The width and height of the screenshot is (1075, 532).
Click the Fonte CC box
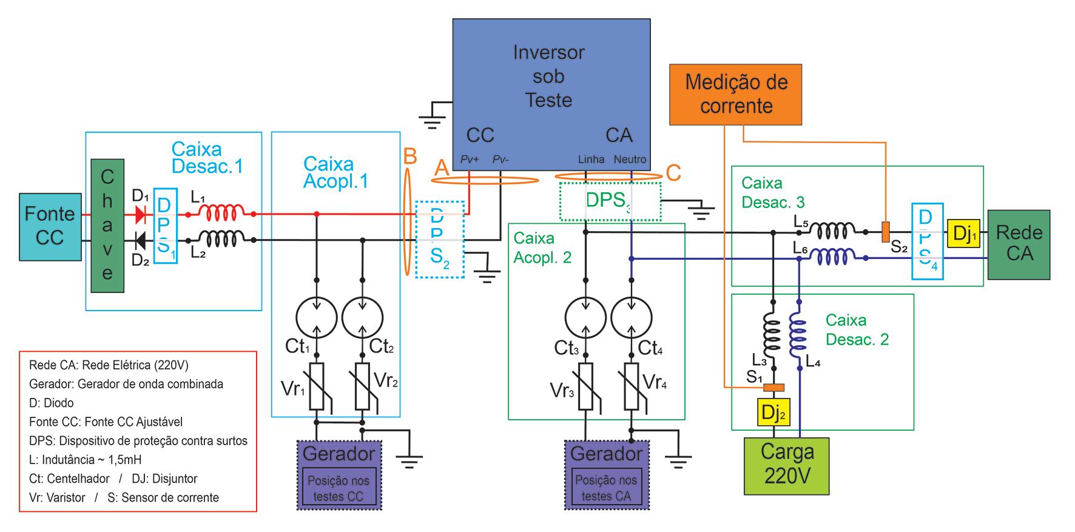pos(50,227)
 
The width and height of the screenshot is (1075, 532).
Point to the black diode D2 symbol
pos(141,241)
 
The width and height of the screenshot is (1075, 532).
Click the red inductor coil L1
pos(222,213)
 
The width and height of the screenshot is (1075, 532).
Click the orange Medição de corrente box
pos(735,94)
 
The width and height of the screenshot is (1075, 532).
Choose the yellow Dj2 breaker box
pos(773,412)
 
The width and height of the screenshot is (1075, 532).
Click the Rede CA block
pos(1019,244)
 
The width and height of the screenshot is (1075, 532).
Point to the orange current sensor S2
pos(886,232)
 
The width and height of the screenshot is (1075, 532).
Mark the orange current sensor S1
pos(773,388)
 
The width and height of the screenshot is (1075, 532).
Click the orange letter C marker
pos(673,172)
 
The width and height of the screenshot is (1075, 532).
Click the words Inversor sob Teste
pos(548,76)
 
